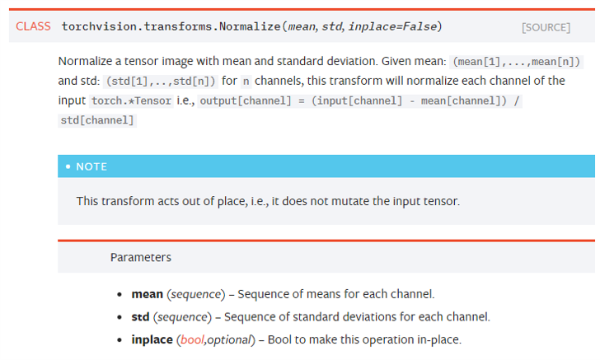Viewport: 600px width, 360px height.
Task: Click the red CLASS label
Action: [33, 26]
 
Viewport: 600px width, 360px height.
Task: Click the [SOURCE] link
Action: [546, 27]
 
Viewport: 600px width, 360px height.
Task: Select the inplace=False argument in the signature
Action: [392, 26]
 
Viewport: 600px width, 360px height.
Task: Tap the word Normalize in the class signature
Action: [250, 26]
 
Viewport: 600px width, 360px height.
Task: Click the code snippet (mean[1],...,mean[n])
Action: [517, 62]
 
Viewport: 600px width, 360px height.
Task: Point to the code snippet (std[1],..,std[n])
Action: [161, 82]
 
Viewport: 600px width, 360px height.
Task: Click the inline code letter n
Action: [246, 82]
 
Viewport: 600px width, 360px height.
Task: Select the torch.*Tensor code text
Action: [131, 101]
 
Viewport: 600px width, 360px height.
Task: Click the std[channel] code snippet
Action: [97, 120]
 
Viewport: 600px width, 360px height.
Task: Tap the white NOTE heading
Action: [91, 166]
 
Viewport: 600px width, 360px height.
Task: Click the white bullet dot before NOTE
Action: [68, 166]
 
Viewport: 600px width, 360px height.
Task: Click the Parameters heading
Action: [141, 258]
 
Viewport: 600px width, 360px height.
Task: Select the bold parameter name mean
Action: [148, 294]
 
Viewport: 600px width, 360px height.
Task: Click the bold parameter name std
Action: [140, 317]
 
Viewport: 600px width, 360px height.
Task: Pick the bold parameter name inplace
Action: [152, 340]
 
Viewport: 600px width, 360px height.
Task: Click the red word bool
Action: [192, 339]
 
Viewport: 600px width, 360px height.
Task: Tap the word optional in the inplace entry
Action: [229, 340]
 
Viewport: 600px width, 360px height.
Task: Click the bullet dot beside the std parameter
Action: [120, 317]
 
